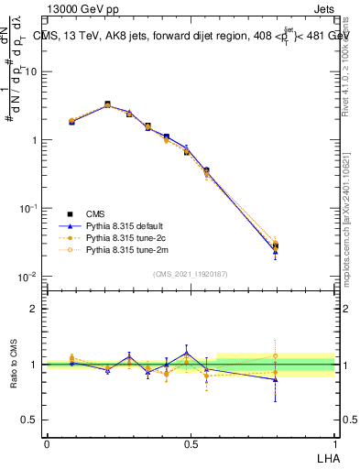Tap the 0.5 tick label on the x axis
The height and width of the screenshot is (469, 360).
click(x=190, y=443)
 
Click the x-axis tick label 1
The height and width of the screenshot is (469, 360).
click(x=334, y=443)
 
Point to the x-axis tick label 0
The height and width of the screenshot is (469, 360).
click(x=46, y=443)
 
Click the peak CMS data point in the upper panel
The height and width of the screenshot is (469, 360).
click(x=107, y=104)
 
